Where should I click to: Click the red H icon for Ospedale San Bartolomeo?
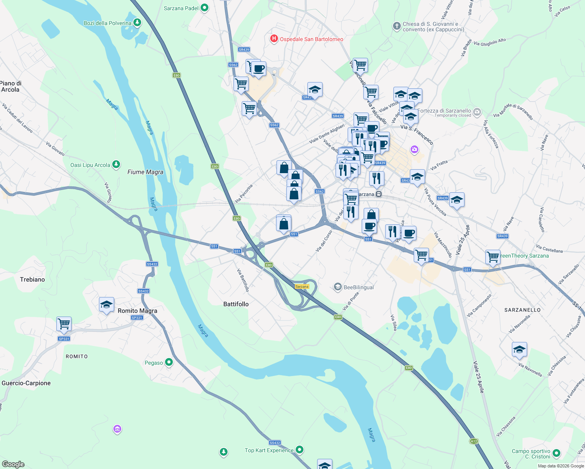(274, 39)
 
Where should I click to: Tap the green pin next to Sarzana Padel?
(204, 8)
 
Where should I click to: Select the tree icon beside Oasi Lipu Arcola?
(116, 165)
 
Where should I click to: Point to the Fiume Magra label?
(145, 172)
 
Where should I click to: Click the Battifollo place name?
(236, 304)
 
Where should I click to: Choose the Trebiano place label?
(32, 279)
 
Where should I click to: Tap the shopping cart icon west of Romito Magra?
(64, 324)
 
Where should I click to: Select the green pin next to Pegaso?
(169, 362)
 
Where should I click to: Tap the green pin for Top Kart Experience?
(300, 450)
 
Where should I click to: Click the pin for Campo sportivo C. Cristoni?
(556, 453)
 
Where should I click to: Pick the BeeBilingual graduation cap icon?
(337, 287)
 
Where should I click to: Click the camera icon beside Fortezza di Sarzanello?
(477, 113)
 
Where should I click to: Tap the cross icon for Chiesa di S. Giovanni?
(397, 26)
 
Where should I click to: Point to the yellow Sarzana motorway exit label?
(302, 286)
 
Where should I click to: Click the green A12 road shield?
(474, 441)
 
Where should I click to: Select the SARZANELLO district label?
(522, 310)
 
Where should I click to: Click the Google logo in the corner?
(13, 464)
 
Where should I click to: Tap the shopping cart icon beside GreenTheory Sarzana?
(493, 257)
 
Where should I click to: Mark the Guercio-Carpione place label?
(26, 383)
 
